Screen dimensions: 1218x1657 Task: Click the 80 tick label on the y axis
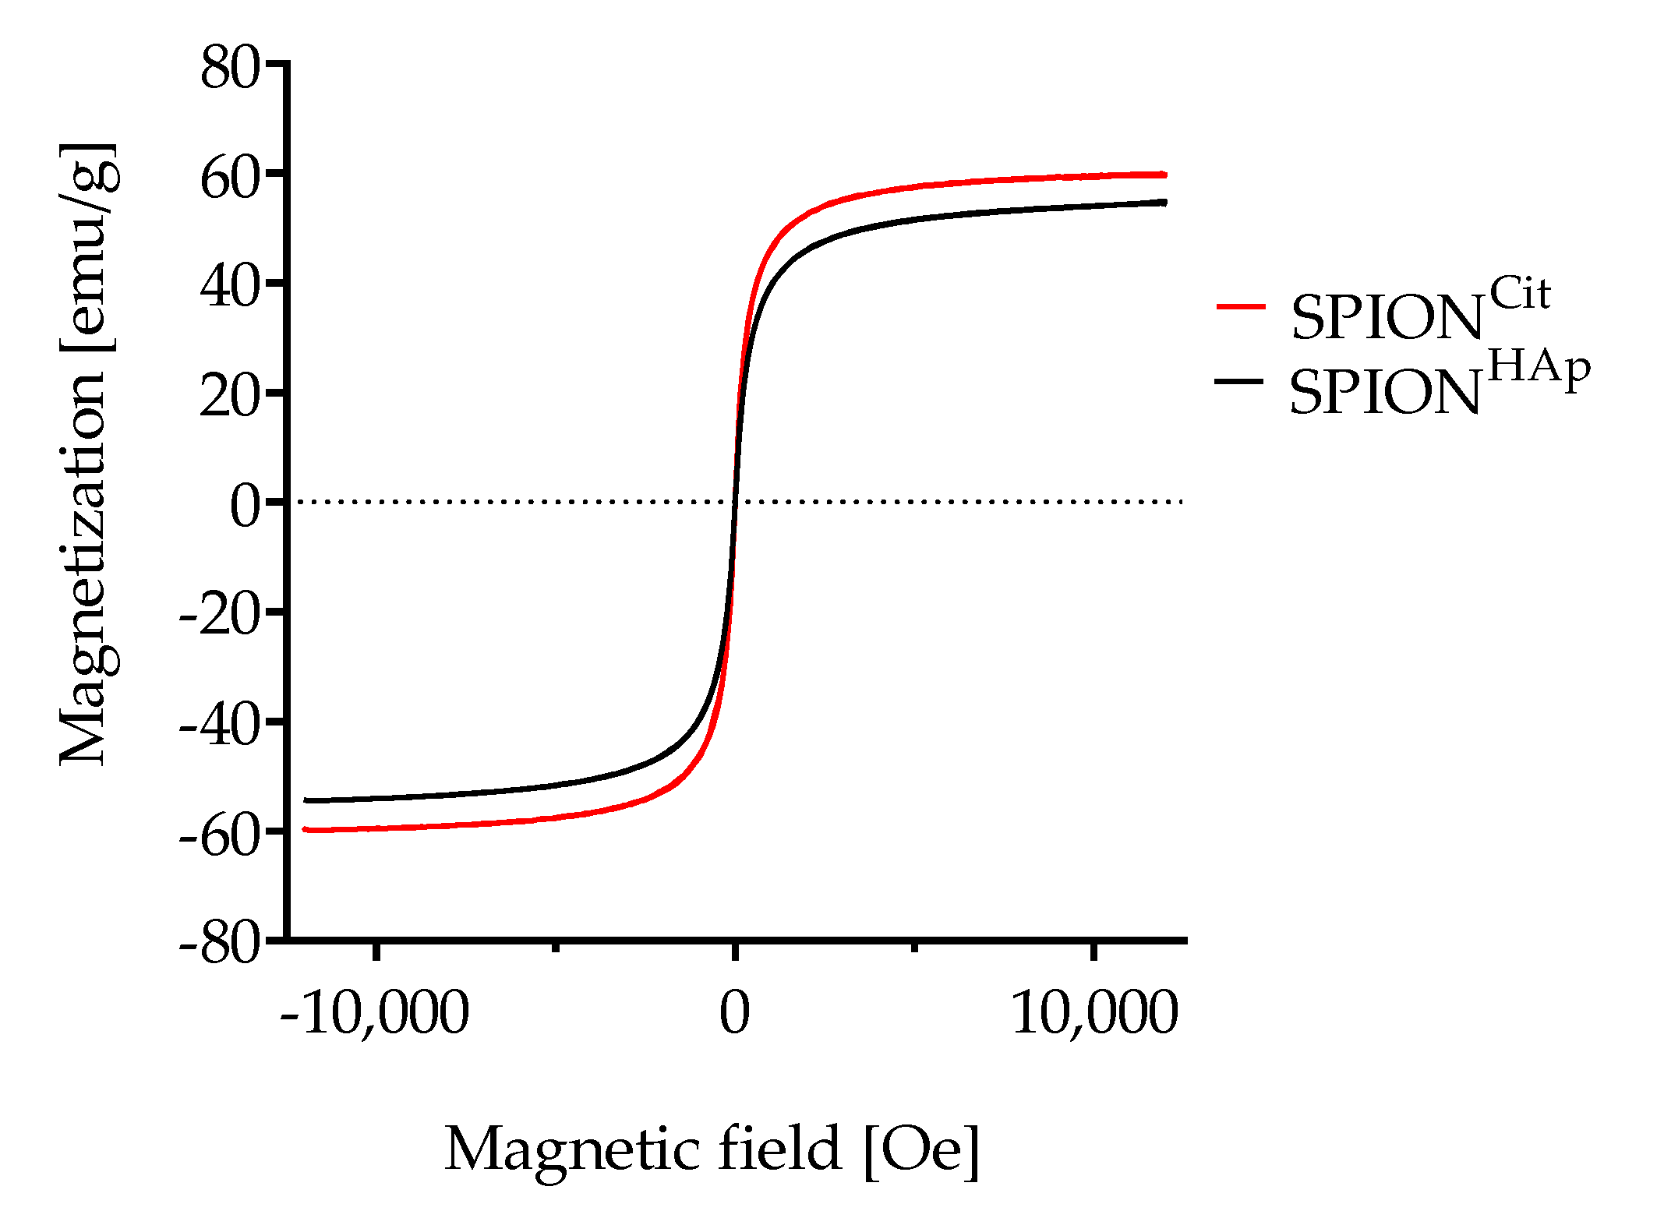point(229,69)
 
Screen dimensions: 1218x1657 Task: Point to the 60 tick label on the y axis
point(229,178)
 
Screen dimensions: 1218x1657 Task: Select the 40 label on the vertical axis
point(229,288)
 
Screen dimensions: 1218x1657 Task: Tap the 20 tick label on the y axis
point(229,397)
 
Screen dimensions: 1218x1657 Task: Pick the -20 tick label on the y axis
point(219,617)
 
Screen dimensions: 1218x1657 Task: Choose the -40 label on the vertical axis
point(219,726)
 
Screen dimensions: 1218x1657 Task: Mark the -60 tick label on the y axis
point(219,836)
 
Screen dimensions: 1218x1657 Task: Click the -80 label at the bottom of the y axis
point(219,945)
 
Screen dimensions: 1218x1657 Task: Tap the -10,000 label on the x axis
point(374,1012)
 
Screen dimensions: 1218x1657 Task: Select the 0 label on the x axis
point(733,1012)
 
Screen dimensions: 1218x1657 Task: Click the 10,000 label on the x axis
point(1094,1012)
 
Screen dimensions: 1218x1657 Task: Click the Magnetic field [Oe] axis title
point(712,1150)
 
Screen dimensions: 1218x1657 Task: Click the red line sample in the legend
point(1240,307)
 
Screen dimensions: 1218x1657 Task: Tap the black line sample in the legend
point(1238,380)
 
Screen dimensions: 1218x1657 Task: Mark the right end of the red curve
point(1165,175)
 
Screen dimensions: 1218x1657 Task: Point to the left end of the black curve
point(306,800)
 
